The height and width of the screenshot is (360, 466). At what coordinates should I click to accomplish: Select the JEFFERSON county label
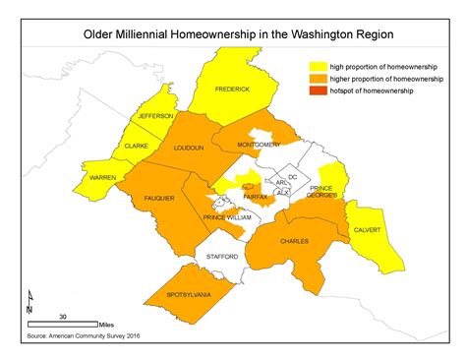142,116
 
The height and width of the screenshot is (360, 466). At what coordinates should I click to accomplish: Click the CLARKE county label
136,146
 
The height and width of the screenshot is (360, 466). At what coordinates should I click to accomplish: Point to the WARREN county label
103,177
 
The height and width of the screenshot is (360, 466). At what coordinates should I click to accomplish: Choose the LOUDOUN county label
188,148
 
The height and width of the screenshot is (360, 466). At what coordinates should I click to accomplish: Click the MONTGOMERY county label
260,145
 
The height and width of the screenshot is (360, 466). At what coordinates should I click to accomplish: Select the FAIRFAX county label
255,197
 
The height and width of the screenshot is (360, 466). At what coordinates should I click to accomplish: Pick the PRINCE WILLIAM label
227,216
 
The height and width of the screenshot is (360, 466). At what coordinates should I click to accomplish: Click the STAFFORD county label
222,256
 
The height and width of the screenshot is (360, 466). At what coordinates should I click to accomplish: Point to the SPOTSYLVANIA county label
182,296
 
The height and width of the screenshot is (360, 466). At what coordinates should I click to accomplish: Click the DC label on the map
292,176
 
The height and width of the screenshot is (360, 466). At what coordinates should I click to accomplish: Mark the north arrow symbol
30,298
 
